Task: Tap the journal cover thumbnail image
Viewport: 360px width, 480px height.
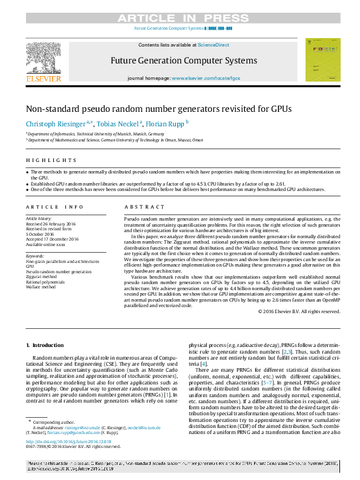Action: point(322,60)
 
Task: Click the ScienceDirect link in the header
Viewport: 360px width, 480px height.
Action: point(213,45)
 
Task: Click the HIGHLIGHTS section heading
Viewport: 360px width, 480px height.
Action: point(51,161)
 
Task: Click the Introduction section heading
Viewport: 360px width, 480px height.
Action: point(45,345)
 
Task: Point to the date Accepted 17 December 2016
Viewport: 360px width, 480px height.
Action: point(52,239)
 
